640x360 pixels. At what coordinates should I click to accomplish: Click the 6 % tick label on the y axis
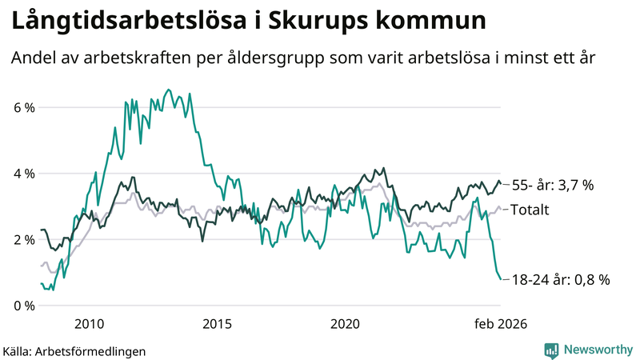click(x=23, y=107)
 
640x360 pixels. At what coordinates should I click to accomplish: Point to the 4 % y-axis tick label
click(x=23, y=174)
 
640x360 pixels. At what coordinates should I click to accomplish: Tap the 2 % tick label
click(x=23, y=239)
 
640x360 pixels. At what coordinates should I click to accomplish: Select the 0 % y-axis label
click(x=23, y=306)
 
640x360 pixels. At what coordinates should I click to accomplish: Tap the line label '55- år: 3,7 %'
click(x=552, y=186)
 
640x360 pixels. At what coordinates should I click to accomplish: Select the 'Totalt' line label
click(x=529, y=210)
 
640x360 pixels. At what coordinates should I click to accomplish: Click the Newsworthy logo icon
click(x=551, y=350)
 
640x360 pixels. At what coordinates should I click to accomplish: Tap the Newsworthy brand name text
click(x=596, y=350)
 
